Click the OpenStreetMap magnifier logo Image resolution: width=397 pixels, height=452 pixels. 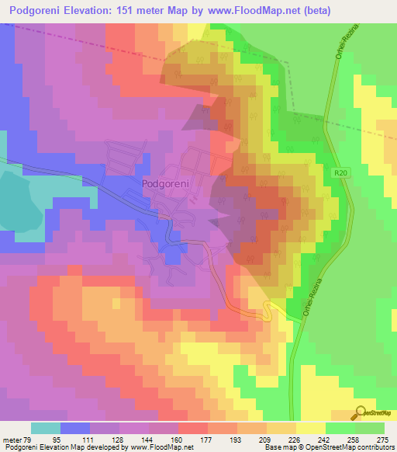[x=361, y=414]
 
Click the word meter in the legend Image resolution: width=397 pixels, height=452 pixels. [x=14, y=440]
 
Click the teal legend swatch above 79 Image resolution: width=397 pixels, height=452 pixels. [x=46, y=428]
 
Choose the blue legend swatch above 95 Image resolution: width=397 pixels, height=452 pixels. [x=75, y=428]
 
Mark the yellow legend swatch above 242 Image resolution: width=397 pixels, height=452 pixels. [x=310, y=428]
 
